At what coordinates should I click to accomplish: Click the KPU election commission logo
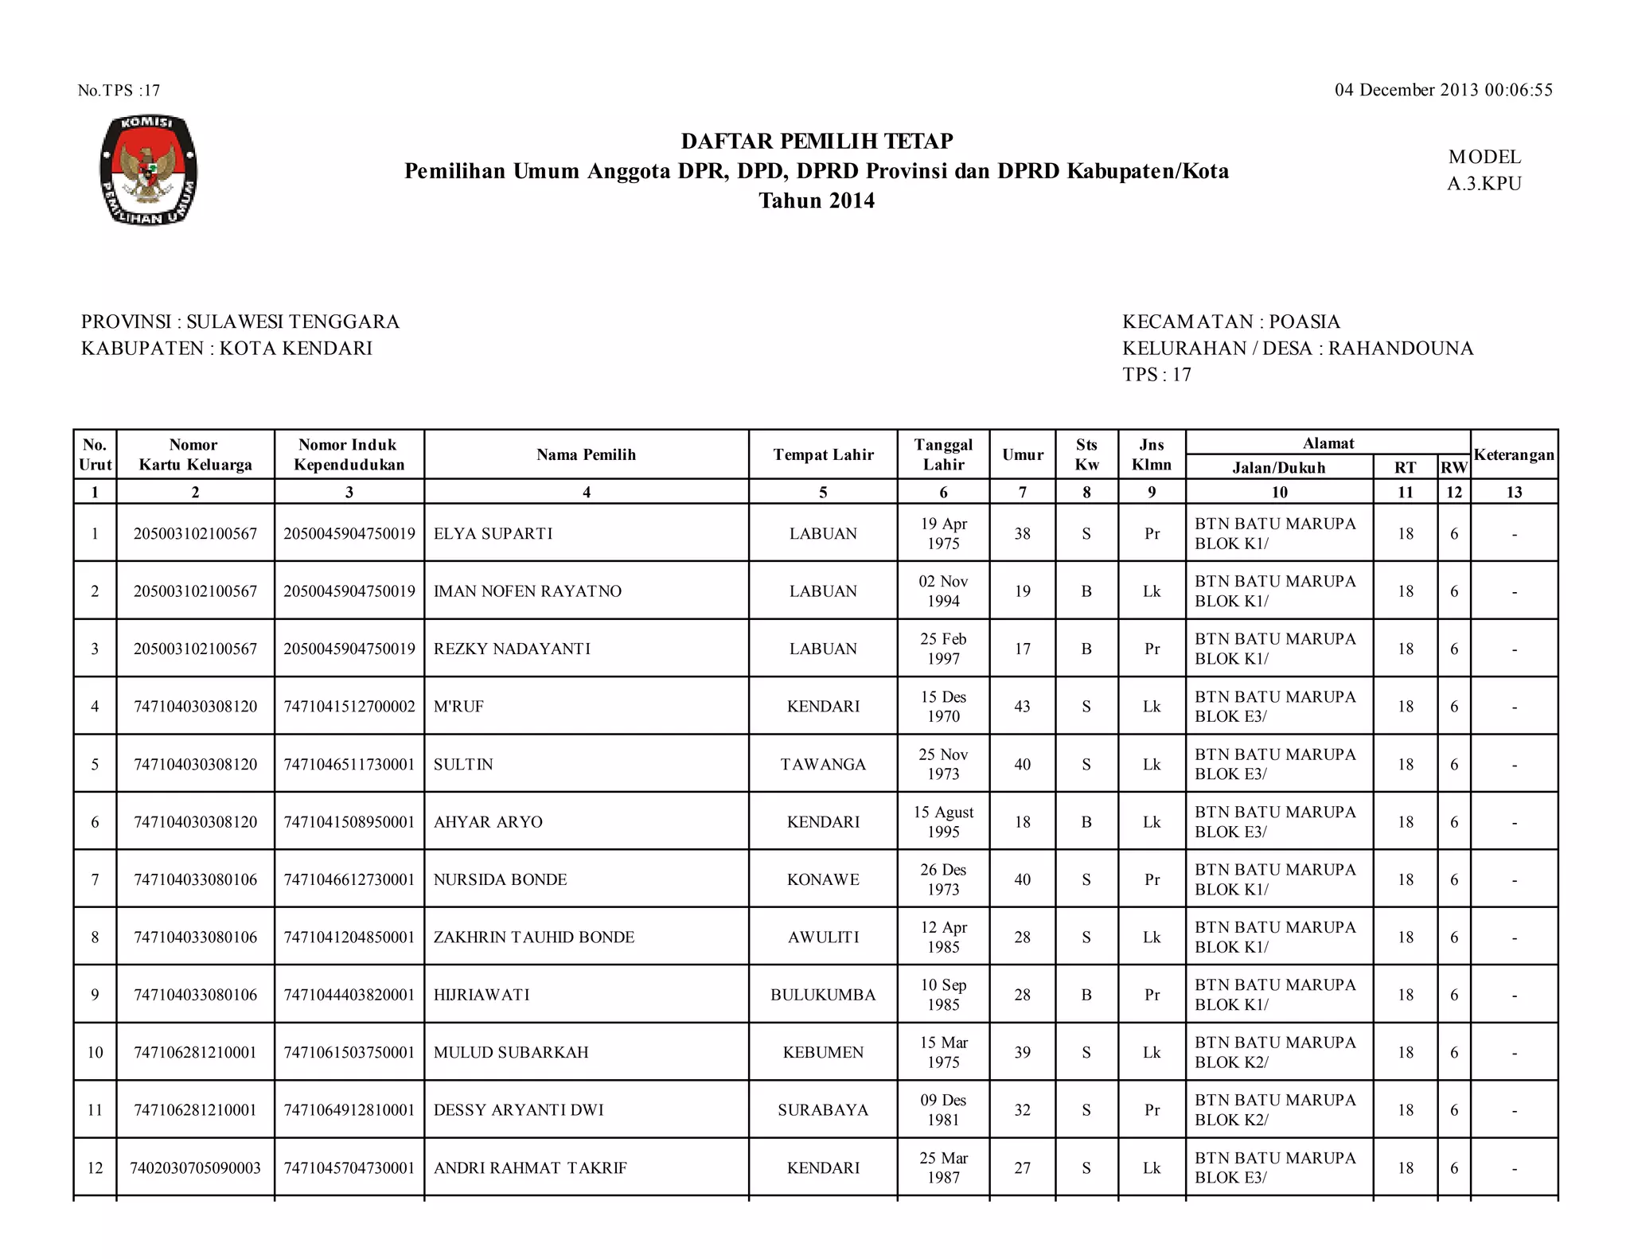coord(148,170)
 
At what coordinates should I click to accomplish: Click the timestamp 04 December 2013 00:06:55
coord(1443,90)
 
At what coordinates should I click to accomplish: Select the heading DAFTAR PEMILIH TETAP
coord(817,141)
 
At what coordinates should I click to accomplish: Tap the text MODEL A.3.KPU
coord(1484,170)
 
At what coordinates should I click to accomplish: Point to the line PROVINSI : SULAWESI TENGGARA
coord(240,322)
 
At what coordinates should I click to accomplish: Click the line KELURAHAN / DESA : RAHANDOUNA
coord(1297,348)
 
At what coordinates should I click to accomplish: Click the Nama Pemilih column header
coord(586,454)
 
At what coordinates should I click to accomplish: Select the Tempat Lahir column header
coord(823,454)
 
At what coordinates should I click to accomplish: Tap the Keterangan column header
coord(1513,454)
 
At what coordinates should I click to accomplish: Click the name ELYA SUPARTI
coord(493,533)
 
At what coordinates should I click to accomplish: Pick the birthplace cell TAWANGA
coord(823,764)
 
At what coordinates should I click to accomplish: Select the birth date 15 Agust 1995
coord(943,821)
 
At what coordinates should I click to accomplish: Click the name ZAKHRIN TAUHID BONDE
coord(533,937)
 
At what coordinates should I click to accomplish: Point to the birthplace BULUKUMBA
coord(823,995)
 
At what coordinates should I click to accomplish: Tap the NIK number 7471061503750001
coord(349,1052)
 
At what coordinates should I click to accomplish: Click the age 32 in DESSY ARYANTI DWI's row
coord(1022,1110)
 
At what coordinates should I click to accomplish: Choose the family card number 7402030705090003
coord(195,1167)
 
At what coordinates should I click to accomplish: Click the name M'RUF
coord(458,707)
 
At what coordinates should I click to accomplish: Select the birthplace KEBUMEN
coord(823,1052)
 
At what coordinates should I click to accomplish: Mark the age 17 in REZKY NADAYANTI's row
coord(1022,649)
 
